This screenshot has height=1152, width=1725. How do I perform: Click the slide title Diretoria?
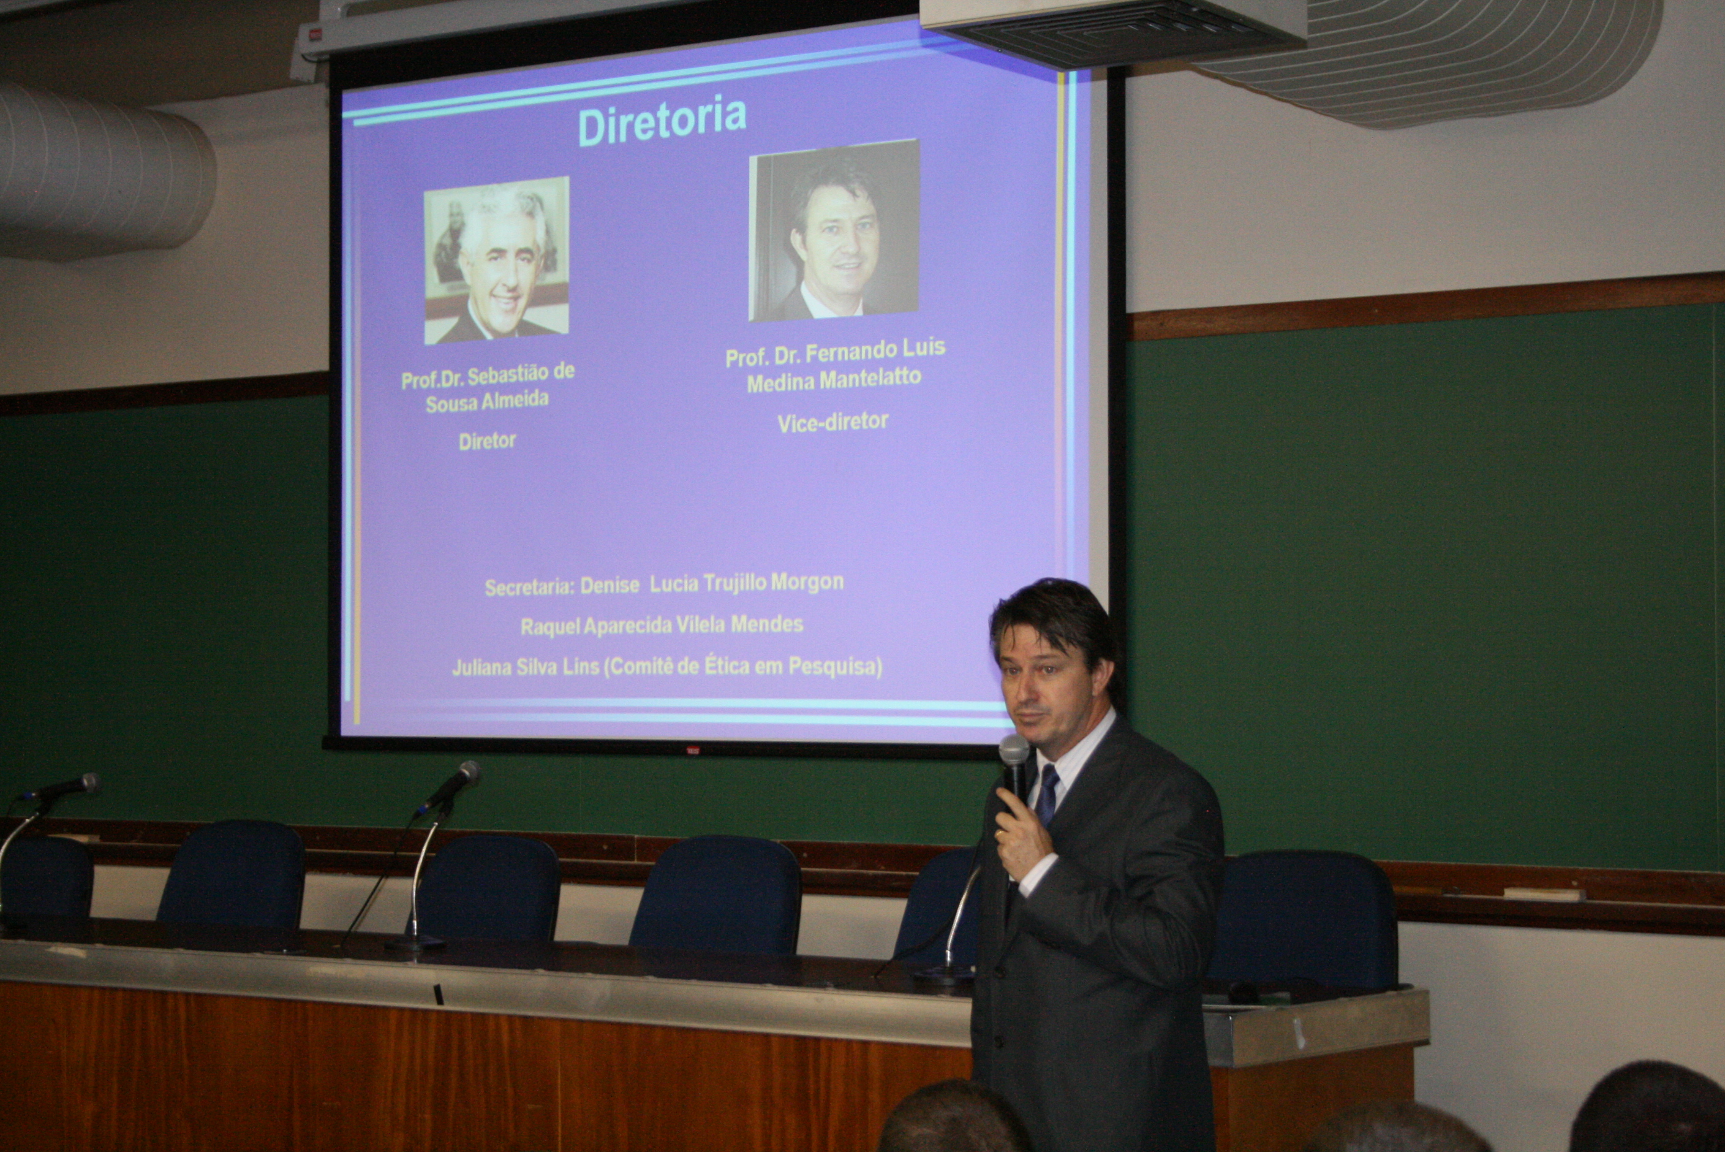(x=662, y=121)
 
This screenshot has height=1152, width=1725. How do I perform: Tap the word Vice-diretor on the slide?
(x=832, y=422)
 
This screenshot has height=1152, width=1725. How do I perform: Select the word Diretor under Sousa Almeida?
(x=487, y=441)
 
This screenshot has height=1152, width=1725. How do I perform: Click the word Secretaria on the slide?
(x=528, y=588)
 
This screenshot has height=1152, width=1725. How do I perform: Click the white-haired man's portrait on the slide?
(x=496, y=260)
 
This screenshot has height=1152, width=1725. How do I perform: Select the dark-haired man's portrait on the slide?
(x=834, y=230)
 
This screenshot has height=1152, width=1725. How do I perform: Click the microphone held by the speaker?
(x=1014, y=768)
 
